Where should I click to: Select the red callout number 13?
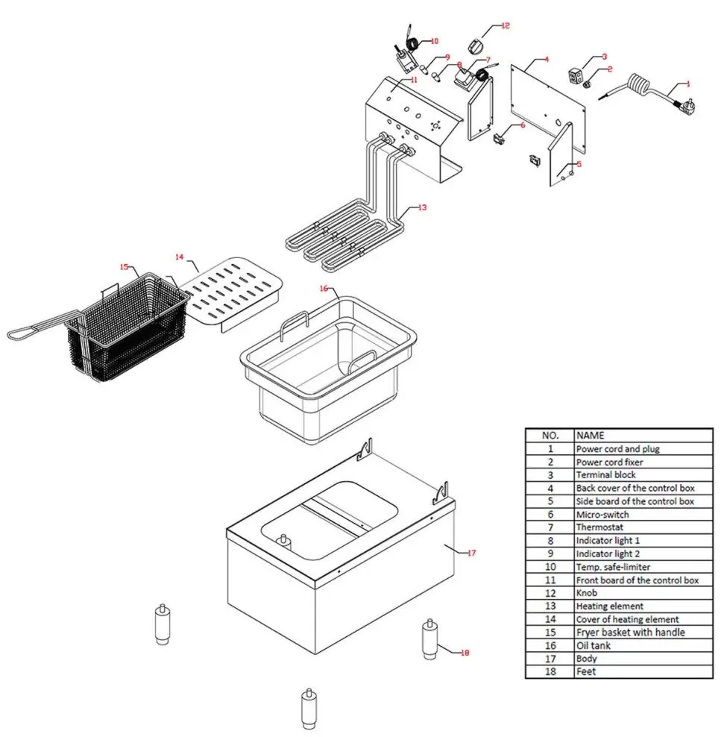[422, 207]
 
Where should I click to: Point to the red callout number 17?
[470, 553]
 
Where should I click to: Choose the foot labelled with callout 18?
[429, 639]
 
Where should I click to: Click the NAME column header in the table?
[590, 435]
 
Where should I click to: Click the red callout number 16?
[324, 287]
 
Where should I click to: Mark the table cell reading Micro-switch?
[602, 515]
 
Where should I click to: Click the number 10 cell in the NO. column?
[550, 567]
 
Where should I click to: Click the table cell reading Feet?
[585, 671]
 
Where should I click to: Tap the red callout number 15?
[124, 266]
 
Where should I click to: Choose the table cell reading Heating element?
[609, 606]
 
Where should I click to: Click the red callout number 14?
[179, 257]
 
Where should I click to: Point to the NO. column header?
[550, 435]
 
